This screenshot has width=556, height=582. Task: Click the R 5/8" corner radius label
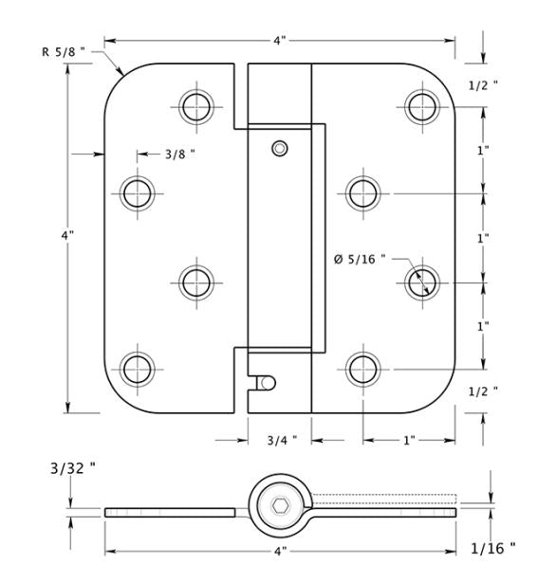(64, 51)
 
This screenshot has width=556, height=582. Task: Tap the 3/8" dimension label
(180, 155)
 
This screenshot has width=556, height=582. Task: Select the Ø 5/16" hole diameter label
(360, 259)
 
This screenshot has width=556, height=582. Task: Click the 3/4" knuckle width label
(282, 440)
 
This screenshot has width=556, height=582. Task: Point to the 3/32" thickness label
(73, 468)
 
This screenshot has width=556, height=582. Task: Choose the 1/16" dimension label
(493, 548)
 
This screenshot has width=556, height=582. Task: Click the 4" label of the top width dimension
(280, 41)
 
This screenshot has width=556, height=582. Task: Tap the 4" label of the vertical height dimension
(67, 235)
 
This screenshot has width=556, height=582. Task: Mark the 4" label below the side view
(281, 551)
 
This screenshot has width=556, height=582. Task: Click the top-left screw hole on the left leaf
(196, 107)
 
